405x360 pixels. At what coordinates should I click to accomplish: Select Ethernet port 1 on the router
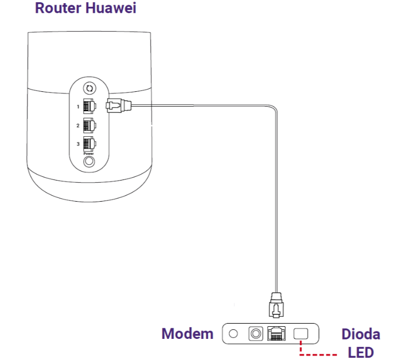(x=89, y=106)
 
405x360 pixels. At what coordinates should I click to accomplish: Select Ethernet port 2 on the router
(x=89, y=125)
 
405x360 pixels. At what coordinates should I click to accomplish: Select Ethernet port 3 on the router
(x=89, y=144)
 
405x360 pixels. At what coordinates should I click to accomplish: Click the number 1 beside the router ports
(x=78, y=107)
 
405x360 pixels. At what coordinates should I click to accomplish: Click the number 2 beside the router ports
(x=78, y=126)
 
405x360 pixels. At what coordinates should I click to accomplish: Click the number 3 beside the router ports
(x=78, y=144)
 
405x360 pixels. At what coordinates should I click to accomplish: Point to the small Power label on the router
(x=89, y=153)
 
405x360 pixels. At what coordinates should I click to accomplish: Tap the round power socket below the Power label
(x=89, y=161)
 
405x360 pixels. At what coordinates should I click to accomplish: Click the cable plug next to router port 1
(x=117, y=106)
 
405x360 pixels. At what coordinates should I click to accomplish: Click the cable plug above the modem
(x=276, y=306)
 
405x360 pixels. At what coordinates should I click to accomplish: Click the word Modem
(x=187, y=334)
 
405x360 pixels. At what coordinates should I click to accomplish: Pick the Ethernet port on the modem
(x=276, y=334)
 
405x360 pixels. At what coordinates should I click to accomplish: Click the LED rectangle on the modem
(x=301, y=334)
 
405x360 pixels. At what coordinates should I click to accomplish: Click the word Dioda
(x=361, y=334)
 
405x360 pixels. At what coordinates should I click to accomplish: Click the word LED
(x=361, y=352)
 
